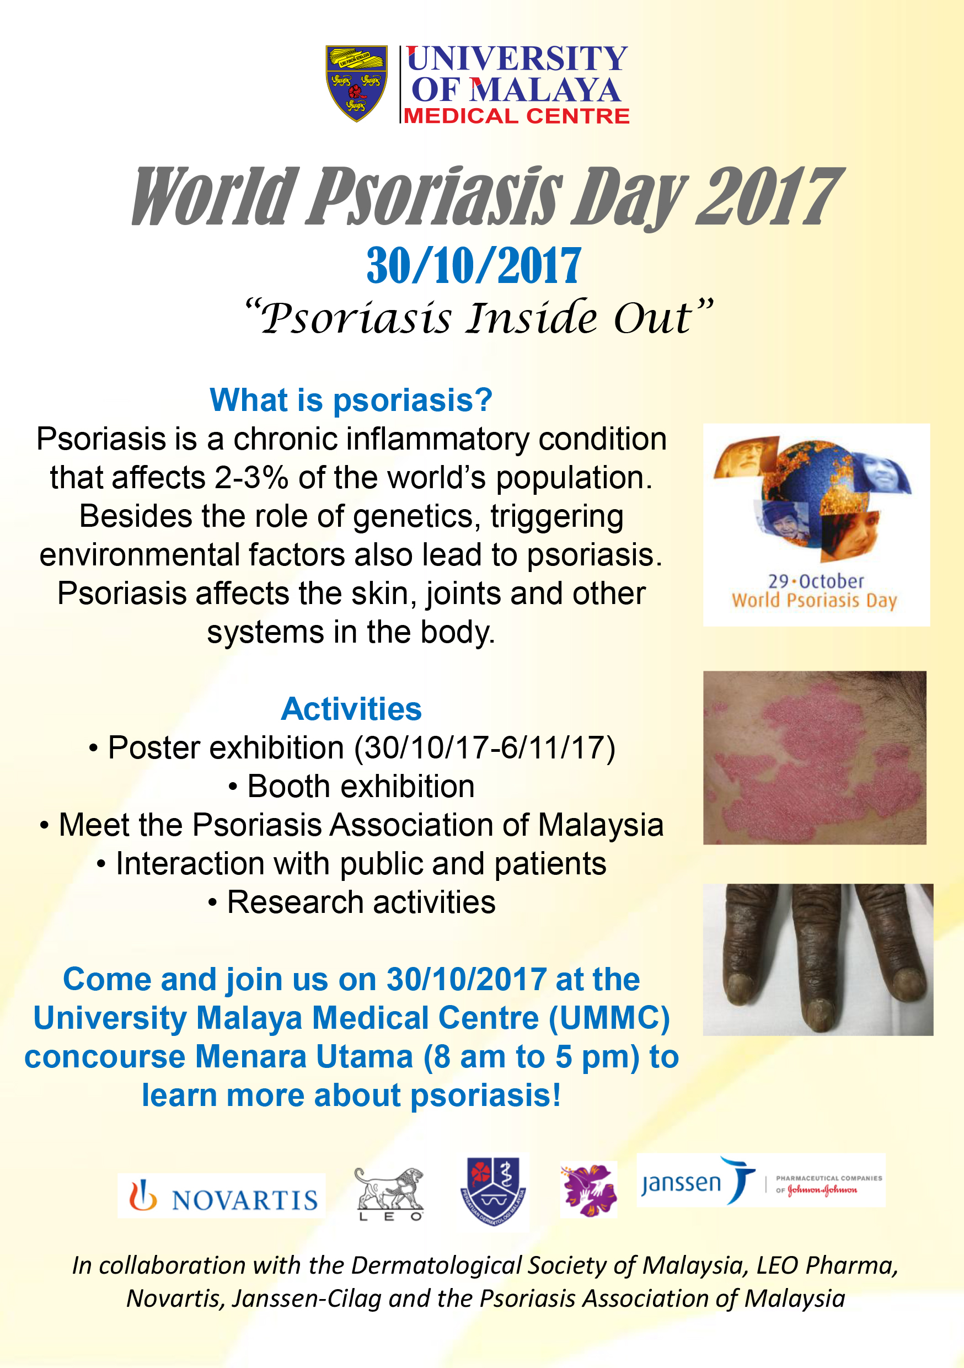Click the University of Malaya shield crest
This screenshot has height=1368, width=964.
(x=356, y=83)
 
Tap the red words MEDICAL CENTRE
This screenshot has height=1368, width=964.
(x=517, y=116)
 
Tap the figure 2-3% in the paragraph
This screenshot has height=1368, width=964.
(x=251, y=477)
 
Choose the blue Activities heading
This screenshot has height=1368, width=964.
(x=351, y=708)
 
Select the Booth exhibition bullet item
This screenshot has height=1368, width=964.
(x=351, y=787)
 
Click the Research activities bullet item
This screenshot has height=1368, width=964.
(x=351, y=902)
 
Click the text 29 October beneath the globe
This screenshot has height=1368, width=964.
(x=815, y=581)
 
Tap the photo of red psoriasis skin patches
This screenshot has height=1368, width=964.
(x=815, y=757)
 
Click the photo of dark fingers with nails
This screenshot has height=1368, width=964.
(x=818, y=959)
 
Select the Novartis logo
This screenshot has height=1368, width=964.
(x=222, y=1195)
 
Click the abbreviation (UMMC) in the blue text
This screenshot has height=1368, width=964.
(x=609, y=1018)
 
